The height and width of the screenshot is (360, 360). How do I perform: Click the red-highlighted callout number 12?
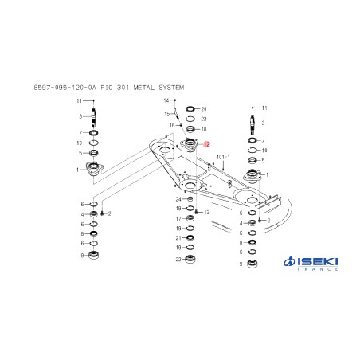(206, 144)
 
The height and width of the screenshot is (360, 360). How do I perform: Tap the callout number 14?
(166, 100)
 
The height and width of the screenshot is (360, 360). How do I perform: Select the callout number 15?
(167, 114)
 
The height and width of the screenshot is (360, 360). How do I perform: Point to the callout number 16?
(172, 125)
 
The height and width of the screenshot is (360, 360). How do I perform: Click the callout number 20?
(204, 109)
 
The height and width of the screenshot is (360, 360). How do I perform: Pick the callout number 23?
(204, 119)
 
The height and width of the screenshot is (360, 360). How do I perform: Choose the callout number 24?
(178, 199)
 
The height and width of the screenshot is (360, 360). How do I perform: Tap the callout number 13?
(206, 212)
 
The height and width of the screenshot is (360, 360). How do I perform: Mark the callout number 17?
(178, 218)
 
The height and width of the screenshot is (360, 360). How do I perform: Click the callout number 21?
(178, 238)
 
